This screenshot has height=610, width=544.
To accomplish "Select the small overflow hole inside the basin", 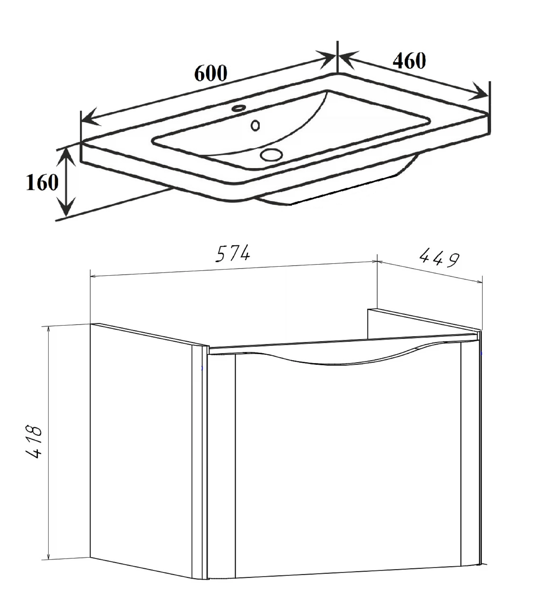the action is pyautogui.click(x=255, y=125).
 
